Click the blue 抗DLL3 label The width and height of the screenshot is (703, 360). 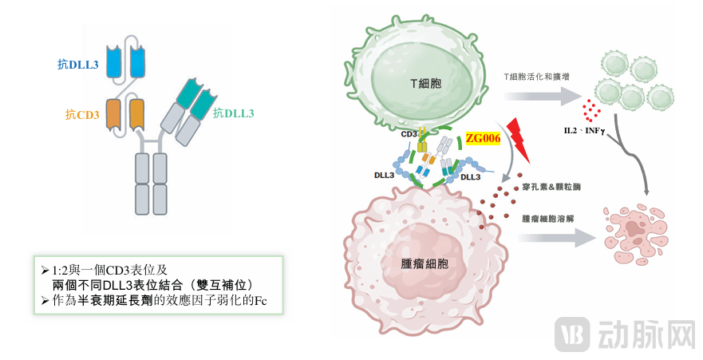(77, 64)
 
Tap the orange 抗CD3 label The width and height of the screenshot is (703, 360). (82, 115)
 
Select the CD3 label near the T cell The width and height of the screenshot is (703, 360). (409, 134)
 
